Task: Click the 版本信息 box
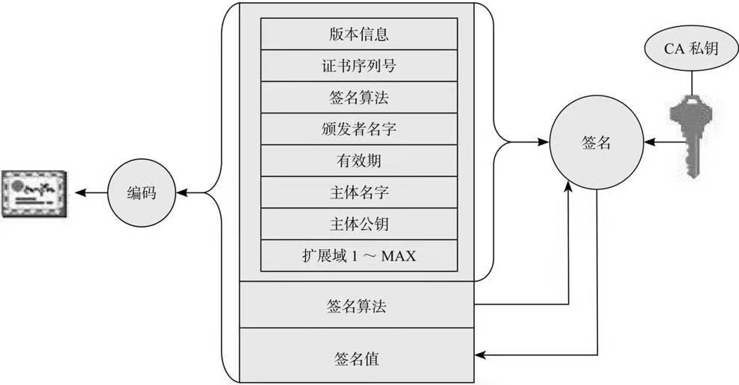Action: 359,34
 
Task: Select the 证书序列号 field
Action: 359,66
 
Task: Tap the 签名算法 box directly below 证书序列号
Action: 359,97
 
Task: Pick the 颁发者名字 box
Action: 359,129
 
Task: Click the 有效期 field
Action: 359,161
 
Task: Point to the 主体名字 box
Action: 359,192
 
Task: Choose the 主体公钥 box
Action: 359,224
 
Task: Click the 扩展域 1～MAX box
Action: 359,256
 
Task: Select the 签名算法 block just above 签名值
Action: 356,306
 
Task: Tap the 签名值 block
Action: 356,359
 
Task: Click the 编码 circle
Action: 141,193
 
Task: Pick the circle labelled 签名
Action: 596,142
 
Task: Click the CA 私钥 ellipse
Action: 691,48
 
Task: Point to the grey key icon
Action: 691,134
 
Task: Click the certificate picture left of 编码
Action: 34,194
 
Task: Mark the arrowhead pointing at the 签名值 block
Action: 480,355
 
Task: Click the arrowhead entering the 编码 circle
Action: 181,193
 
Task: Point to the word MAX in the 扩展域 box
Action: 398,256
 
